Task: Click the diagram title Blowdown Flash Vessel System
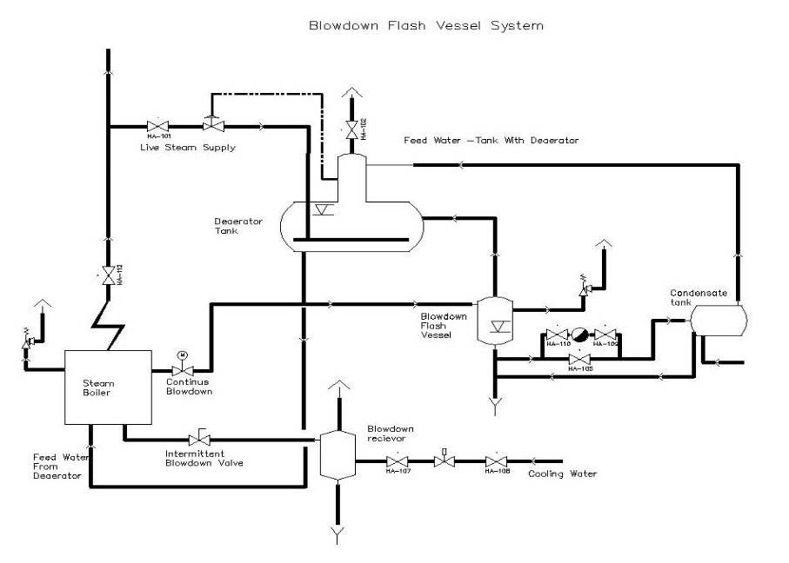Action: (426, 25)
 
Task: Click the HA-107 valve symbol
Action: (398, 460)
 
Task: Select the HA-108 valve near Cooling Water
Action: (496, 460)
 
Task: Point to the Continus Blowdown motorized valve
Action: (182, 371)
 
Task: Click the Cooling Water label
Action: (563, 474)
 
